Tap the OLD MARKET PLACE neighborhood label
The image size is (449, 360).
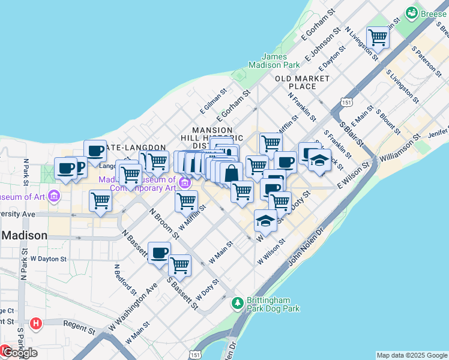303,82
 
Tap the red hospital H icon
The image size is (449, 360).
37,323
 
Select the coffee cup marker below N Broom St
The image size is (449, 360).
159,253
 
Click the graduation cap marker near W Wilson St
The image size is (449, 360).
265,221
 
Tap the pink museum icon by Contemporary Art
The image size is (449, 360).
185,182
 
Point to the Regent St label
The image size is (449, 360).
83,330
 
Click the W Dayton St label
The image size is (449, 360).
48,259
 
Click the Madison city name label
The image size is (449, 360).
24,235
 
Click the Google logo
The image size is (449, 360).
19,353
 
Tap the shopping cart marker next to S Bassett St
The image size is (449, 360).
179,265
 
